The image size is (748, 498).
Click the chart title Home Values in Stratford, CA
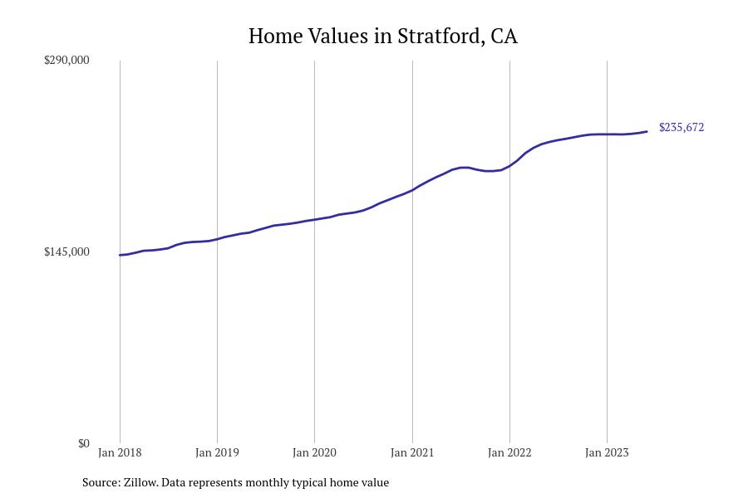tap(382, 37)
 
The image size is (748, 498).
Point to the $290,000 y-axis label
tap(66, 61)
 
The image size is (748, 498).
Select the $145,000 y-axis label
tap(66, 252)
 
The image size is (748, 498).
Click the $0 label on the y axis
tap(83, 444)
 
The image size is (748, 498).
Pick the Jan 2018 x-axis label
tap(120, 453)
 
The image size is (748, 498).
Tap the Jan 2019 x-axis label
tap(217, 453)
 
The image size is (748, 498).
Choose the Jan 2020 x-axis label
tap(314, 453)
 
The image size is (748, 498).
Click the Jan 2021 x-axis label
tap(412, 453)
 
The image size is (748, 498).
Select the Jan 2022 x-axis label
tap(509, 453)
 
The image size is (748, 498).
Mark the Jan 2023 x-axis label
tap(607, 453)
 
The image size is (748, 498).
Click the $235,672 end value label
tap(681, 128)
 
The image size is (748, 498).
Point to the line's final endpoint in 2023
tap(647, 131)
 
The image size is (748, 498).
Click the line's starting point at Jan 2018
tap(120, 255)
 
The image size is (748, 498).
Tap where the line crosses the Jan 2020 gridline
tap(314, 220)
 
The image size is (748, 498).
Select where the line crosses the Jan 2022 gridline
tap(509, 166)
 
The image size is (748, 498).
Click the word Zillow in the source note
tap(140, 482)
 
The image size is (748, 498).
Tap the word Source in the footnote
tap(100, 482)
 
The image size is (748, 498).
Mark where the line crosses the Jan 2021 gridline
tap(412, 189)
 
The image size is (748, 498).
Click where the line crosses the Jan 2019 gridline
tap(217, 239)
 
